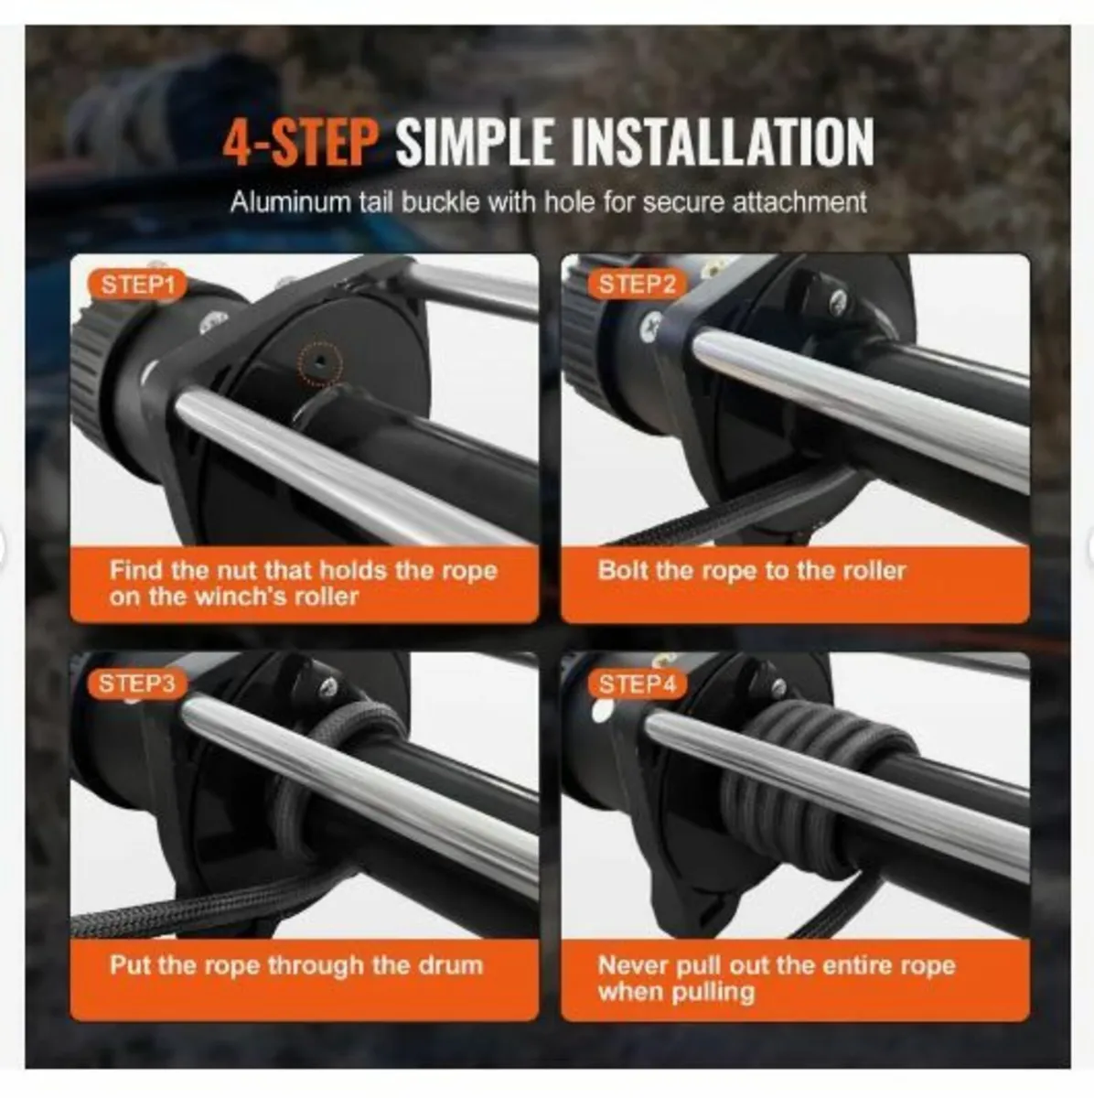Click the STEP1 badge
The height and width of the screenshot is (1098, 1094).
click(x=137, y=285)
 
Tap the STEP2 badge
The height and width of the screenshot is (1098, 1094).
click(x=637, y=284)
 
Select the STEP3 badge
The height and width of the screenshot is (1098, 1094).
click(x=137, y=684)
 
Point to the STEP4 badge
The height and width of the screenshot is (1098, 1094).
click(x=637, y=684)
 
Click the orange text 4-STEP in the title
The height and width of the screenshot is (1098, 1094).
click(x=301, y=142)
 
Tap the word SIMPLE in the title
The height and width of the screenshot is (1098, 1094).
click(x=475, y=142)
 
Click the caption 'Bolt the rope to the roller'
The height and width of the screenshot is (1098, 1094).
click(x=752, y=571)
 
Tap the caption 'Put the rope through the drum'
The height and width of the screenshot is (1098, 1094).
click(x=296, y=965)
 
